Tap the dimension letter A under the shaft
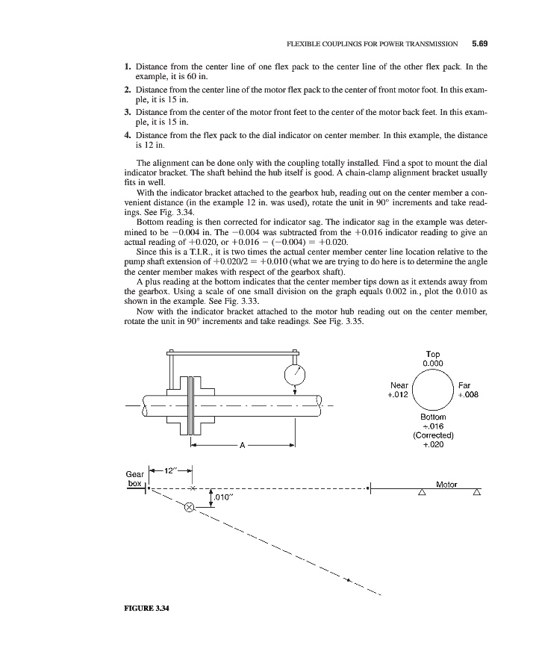242,447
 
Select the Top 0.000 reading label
433,358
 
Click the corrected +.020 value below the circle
433,445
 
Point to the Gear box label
135,479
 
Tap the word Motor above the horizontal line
446,485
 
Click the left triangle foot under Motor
422,493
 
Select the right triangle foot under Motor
476,493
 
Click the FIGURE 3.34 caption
146,607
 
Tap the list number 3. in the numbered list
128,113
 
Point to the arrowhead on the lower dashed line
348,578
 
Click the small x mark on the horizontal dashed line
193,488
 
